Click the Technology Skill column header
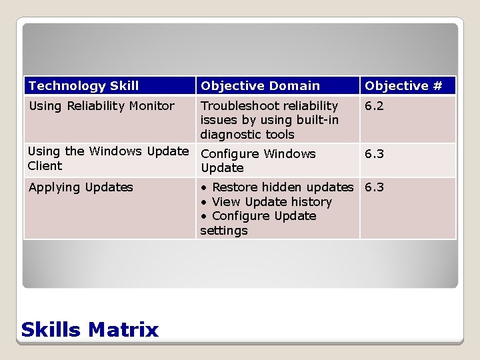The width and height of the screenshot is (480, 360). coord(84,86)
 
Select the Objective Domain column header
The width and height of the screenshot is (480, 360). coord(260,86)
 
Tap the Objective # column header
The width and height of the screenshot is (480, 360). coord(403,86)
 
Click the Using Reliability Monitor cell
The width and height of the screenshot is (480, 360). coord(101,106)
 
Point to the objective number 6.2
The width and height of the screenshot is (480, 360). coord(374,106)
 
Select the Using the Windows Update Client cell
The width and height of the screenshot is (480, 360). coord(108,159)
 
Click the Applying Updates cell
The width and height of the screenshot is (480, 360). coord(81,187)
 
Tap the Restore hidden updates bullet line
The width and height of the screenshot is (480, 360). coord(277,187)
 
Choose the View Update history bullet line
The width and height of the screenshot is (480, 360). coord(266,202)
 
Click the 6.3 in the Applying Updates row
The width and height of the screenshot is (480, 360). coord(374,187)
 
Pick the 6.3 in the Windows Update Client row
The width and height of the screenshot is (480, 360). coord(374,154)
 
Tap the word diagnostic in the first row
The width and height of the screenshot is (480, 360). coord(230,135)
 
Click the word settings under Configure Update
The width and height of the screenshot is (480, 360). coord(223,231)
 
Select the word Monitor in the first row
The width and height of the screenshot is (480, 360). coord(151,106)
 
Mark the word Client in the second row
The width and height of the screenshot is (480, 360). coord(45,166)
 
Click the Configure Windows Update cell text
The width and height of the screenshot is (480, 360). coord(258,161)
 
